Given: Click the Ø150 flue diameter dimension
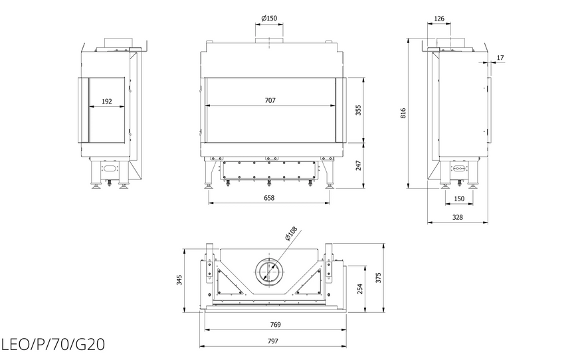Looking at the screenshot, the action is [269, 18].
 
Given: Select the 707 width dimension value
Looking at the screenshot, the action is [270, 100].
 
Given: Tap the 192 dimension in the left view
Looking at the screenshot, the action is [106, 102].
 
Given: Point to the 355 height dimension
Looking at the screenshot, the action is [358, 110].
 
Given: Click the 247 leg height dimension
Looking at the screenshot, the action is [358, 165].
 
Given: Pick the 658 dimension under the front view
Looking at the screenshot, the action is [269, 198].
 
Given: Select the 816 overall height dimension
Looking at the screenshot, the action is [403, 113].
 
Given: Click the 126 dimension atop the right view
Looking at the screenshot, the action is [439, 19].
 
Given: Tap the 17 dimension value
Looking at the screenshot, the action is [500, 58].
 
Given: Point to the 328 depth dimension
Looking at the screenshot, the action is [458, 217].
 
